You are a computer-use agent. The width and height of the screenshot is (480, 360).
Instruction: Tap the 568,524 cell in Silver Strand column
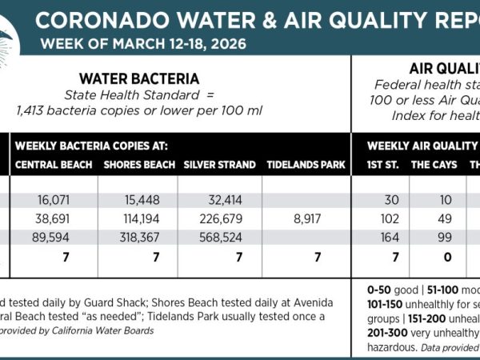[218, 238]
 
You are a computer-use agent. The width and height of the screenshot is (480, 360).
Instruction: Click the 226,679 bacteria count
[218, 218]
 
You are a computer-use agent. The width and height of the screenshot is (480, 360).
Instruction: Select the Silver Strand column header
[219, 166]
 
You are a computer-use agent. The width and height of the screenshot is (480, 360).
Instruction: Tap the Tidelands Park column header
[306, 166]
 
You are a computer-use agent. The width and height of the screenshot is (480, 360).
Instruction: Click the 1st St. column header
[381, 166]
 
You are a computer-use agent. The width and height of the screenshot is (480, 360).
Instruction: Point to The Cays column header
[430, 166]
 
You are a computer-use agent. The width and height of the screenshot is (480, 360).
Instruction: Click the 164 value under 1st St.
[381, 238]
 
